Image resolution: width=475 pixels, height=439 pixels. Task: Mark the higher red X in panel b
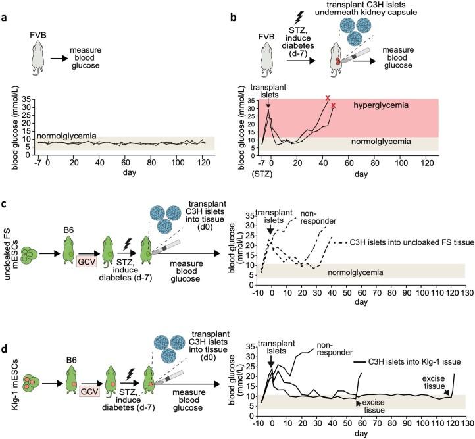coord(328,99)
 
